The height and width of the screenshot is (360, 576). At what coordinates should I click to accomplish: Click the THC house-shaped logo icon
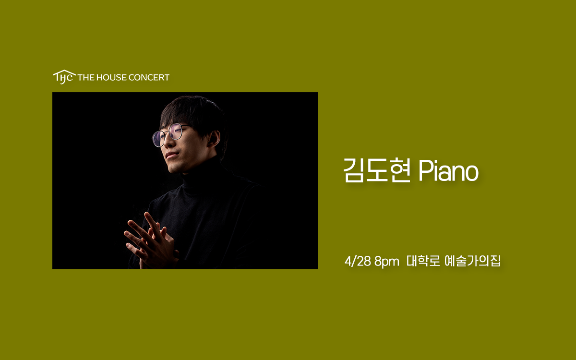(64, 77)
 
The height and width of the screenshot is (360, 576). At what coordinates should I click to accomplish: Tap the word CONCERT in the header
(149, 77)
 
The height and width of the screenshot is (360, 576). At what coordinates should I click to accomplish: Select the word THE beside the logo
(86, 77)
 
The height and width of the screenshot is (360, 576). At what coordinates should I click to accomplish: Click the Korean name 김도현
(377, 170)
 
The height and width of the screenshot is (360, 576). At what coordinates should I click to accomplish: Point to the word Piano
(449, 171)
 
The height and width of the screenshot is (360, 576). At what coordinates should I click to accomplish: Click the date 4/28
(358, 261)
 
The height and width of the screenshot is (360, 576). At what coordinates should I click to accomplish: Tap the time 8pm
(387, 262)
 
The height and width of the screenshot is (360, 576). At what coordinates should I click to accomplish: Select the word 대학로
(423, 261)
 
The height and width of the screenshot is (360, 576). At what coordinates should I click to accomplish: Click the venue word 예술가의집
(473, 261)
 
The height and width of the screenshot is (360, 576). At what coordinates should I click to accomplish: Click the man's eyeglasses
(170, 134)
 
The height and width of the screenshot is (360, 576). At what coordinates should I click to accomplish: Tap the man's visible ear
(214, 139)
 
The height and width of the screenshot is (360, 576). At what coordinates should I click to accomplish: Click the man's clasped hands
(151, 240)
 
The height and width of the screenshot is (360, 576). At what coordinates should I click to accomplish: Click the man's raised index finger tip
(146, 214)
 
